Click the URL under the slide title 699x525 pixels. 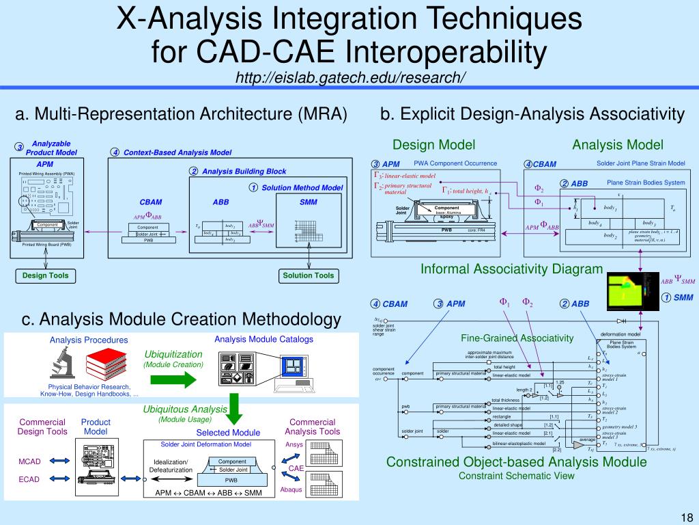point(349,77)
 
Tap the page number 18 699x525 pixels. point(686,516)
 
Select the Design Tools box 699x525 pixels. point(45,275)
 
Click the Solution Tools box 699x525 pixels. point(309,275)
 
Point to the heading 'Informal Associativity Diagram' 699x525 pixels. point(511,269)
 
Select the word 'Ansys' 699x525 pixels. point(294,445)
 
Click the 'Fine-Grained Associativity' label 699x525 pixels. point(517,338)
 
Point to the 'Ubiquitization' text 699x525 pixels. point(173,354)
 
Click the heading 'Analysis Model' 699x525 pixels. point(617,144)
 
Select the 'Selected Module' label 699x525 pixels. point(228,433)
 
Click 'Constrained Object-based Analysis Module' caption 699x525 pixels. point(516,462)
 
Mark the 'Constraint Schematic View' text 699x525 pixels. point(516,476)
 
